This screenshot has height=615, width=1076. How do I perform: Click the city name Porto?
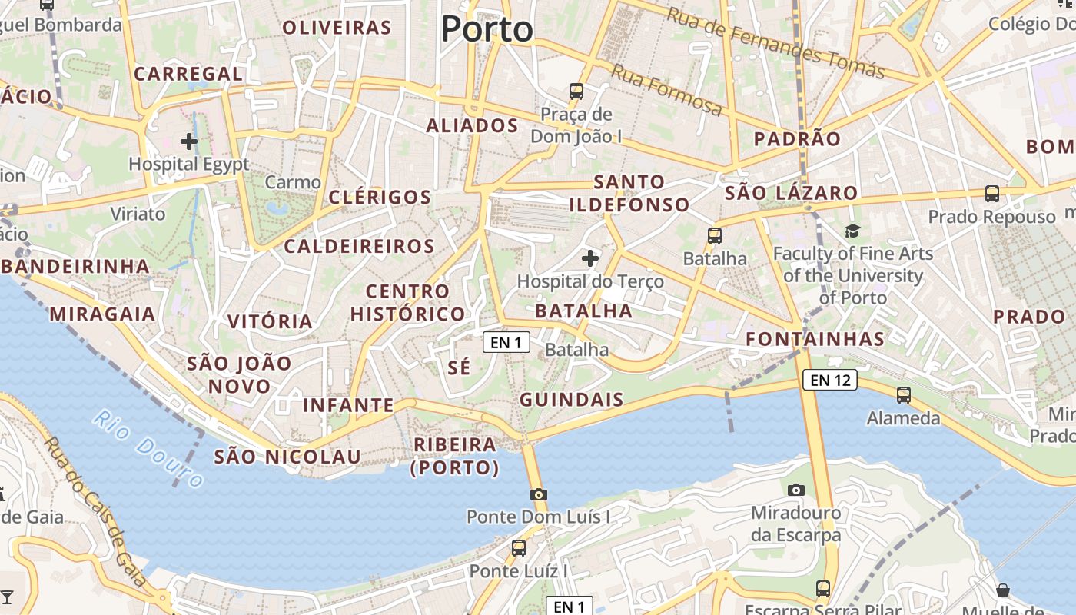coord(487,29)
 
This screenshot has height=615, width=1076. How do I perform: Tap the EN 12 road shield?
coord(830,379)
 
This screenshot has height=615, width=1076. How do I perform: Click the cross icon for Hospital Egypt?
coord(189,141)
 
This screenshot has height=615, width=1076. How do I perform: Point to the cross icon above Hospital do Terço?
coord(589,258)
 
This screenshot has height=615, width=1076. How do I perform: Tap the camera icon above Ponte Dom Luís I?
coord(539,494)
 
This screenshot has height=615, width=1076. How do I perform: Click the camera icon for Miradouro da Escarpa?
coord(796,490)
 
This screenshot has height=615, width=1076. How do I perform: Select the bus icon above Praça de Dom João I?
coord(576,91)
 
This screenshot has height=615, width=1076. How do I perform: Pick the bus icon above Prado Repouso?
coord(992,193)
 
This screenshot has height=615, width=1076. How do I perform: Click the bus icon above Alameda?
coord(904,395)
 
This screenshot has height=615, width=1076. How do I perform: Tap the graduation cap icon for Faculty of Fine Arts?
coord(852,231)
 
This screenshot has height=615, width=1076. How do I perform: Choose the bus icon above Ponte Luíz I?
coord(519,547)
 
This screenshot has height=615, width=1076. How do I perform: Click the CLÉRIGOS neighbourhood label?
coord(380,197)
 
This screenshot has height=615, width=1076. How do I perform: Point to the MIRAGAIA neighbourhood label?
coord(102,314)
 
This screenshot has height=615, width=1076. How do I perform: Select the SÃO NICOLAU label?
coord(287,457)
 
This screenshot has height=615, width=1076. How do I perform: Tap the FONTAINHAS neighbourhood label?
coord(815,338)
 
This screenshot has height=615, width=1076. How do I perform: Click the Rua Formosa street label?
coord(666,90)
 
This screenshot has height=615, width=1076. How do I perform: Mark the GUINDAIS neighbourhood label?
coord(572,400)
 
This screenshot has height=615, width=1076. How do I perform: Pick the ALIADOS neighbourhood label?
coord(472,125)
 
